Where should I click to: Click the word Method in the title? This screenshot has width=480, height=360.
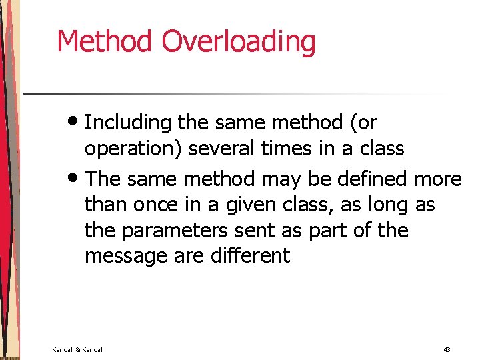tap(105, 41)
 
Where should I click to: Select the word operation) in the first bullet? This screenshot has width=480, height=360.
tap(133, 149)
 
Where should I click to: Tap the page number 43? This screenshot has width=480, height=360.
tap(447, 349)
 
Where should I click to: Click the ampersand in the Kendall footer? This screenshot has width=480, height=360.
tap(78, 349)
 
